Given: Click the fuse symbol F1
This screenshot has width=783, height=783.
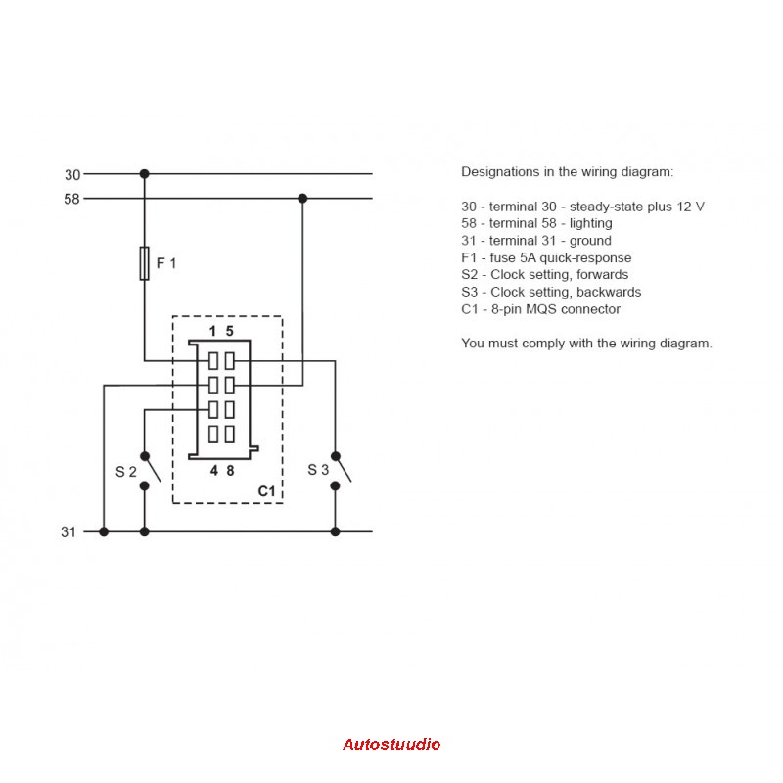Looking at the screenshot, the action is click(x=144, y=263).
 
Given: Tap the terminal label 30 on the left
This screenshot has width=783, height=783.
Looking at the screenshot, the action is click(x=72, y=175).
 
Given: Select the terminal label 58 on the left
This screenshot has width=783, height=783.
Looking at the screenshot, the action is click(x=71, y=200).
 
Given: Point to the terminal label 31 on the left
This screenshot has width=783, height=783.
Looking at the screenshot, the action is click(x=69, y=532).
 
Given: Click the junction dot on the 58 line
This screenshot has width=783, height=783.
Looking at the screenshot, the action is click(x=302, y=199).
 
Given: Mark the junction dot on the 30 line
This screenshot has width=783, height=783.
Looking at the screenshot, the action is click(x=144, y=174).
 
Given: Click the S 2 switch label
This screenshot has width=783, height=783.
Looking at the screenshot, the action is click(x=126, y=472).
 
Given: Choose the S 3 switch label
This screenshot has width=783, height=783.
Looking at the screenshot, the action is click(x=318, y=470).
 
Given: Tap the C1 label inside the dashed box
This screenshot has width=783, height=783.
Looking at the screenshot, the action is click(x=266, y=491).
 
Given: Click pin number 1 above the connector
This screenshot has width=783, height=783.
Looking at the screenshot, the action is click(x=212, y=331).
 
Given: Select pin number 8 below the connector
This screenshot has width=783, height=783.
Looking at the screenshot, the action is click(x=230, y=471).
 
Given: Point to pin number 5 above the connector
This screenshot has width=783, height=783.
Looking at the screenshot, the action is click(x=230, y=331).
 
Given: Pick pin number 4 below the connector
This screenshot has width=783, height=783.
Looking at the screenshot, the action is click(x=214, y=471).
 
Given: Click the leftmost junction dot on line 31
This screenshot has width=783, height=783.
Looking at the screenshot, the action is click(x=104, y=531).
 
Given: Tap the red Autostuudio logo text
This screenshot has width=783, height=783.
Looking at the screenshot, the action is click(x=391, y=745).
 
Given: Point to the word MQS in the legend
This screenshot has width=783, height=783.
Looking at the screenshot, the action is click(x=541, y=309).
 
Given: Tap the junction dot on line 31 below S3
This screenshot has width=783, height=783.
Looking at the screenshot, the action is click(x=335, y=531).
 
